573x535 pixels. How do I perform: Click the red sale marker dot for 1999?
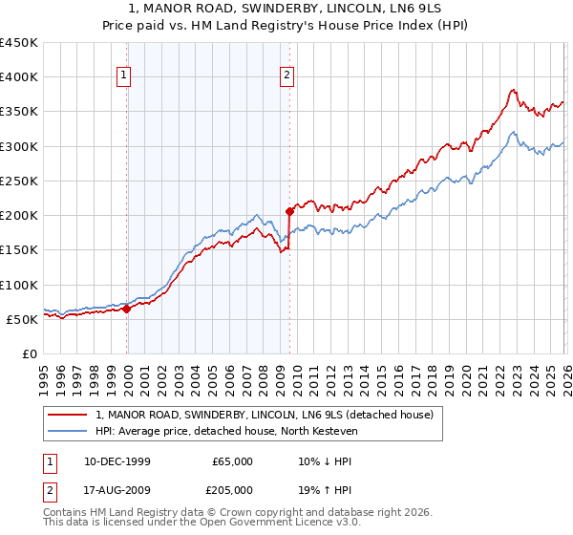pos(127,309)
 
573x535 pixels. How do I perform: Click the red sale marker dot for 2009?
pos(288,211)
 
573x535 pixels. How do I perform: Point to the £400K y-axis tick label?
pos(19,77)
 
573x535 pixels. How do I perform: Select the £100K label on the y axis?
pos(19,285)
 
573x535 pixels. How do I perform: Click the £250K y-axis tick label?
pos(19,181)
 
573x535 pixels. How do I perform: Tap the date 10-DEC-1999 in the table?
pos(113,461)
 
